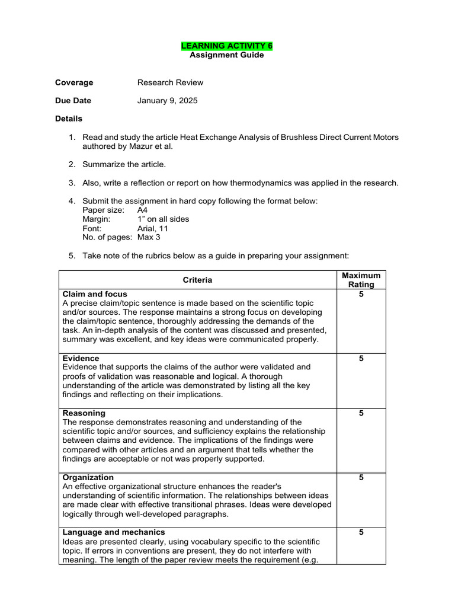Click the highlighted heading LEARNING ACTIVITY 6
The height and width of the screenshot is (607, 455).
click(x=227, y=46)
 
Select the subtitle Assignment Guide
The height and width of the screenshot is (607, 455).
click(x=227, y=55)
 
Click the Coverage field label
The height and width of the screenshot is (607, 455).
click(x=74, y=82)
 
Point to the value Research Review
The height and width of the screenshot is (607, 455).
click(x=170, y=82)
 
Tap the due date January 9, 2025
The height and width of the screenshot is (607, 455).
click(x=168, y=101)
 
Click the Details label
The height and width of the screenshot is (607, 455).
click(x=69, y=119)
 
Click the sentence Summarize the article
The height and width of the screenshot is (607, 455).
click(x=124, y=164)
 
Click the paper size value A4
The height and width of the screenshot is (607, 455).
click(x=142, y=210)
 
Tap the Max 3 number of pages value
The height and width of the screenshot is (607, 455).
click(x=149, y=237)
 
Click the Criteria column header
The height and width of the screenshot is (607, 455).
click(x=197, y=280)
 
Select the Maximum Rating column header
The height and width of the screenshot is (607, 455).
click(x=361, y=280)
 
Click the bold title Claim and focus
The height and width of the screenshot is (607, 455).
click(x=95, y=294)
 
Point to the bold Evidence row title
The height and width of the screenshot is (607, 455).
click(x=81, y=359)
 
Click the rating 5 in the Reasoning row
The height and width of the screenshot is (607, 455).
click(x=361, y=413)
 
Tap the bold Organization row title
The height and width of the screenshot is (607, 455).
click(x=88, y=477)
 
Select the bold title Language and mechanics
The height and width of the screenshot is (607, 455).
click(x=114, y=532)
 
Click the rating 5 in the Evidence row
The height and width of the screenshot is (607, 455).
click(x=361, y=359)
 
